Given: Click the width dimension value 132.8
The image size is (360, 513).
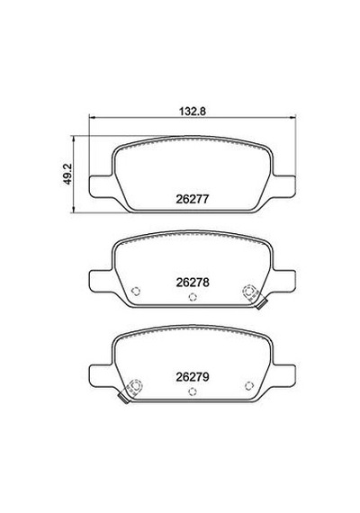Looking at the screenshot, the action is pos(192,111).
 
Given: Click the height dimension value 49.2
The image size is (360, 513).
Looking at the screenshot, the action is pos(67,175).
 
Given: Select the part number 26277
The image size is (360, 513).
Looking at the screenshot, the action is pos(192,199).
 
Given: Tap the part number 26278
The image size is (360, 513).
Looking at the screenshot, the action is pos(193,283).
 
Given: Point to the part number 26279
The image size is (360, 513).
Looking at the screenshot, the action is pos(193,377).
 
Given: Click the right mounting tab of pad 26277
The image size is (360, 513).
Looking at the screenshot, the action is pos(283,187).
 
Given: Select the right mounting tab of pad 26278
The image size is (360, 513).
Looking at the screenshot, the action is pos(283,281).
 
